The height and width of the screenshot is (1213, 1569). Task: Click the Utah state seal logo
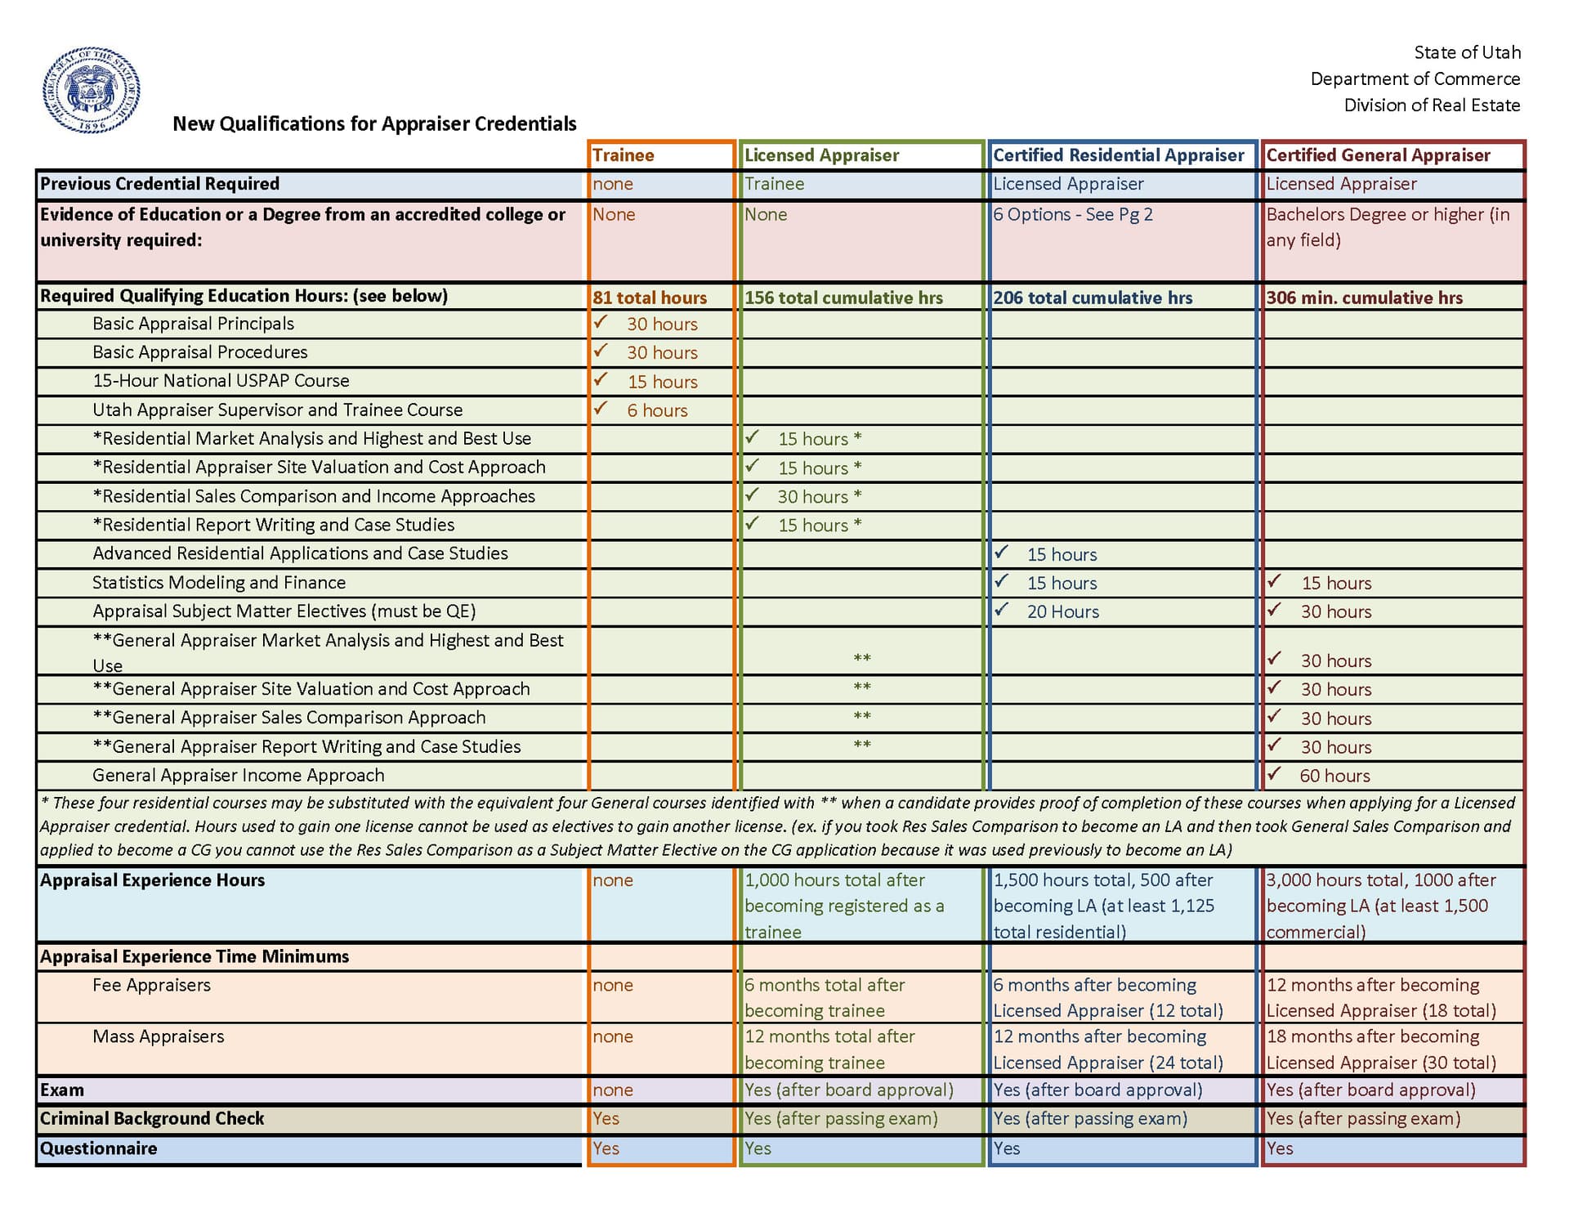92,90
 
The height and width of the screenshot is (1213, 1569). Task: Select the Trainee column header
624,155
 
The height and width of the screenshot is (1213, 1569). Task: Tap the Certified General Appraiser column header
1378,155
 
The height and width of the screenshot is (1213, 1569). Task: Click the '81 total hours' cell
650,298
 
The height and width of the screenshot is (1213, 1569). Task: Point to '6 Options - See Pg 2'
1073,214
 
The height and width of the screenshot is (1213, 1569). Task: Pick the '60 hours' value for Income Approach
1334,776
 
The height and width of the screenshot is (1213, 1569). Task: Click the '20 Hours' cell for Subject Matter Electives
1062,611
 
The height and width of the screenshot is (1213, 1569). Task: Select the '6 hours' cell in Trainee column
657,410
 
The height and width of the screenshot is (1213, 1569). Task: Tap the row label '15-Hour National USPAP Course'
221,381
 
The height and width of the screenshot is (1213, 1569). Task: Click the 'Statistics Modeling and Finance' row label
219,582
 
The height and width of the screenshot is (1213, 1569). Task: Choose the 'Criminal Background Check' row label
152,1118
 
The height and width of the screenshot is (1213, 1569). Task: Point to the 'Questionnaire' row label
99,1148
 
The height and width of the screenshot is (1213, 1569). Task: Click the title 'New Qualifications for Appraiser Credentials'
374,123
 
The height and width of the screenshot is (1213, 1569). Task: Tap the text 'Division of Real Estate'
1432,105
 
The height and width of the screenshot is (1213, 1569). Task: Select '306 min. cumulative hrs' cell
1364,298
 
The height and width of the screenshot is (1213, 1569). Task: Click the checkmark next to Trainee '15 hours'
601,379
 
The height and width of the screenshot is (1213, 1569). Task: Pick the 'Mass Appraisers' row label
158,1036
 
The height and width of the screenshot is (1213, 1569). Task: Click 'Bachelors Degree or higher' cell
1388,226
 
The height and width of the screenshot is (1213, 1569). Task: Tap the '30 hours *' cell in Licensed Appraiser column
819,496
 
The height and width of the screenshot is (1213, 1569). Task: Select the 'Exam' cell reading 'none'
613,1090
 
